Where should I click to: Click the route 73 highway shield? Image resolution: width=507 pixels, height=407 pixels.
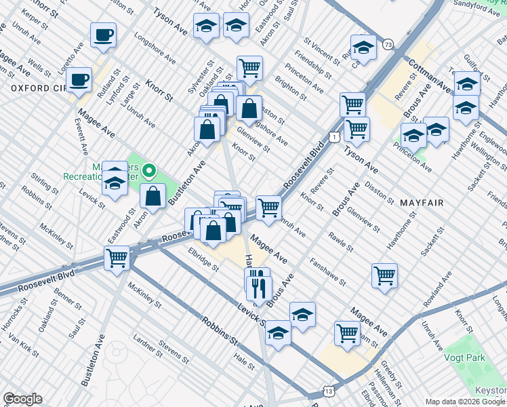[x=387, y=45]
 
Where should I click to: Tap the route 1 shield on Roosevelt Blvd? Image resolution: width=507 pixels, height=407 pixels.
[x=334, y=138]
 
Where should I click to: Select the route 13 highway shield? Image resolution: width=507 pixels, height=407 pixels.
[x=329, y=391]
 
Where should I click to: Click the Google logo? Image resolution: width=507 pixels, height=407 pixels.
[x=22, y=399]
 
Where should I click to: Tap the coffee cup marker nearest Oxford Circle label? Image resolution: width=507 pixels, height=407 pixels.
[x=79, y=80]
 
